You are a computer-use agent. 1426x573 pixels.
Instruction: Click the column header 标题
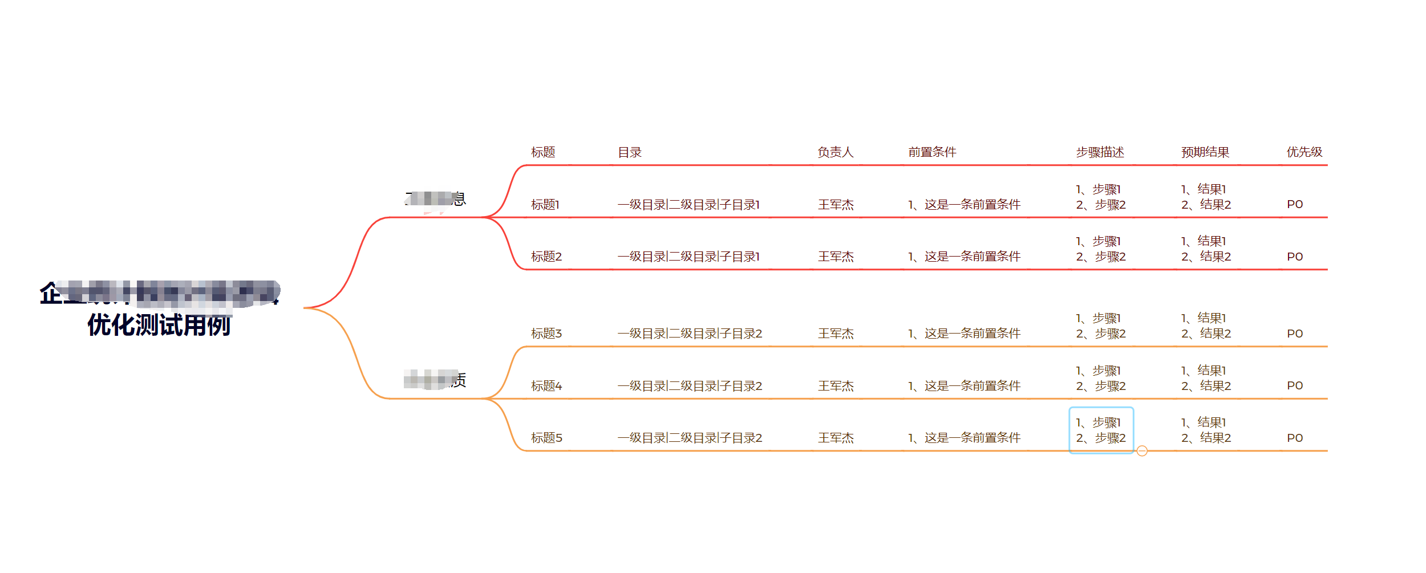[542, 152]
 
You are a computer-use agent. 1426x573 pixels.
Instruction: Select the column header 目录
[630, 152]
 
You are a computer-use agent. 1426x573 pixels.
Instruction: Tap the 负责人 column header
[835, 152]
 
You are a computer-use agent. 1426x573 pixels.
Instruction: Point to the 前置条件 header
[932, 152]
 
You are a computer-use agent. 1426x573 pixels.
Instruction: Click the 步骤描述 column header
[1100, 152]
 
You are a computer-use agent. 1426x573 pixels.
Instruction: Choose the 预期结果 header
[1205, 152]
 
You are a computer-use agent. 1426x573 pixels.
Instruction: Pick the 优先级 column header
[1304, 152]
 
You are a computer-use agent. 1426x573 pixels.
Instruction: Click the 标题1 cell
[545, 205]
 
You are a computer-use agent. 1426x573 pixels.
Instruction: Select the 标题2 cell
[546, 257]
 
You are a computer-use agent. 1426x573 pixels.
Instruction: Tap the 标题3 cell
[546, 334]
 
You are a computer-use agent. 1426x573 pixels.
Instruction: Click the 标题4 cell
[546, 386]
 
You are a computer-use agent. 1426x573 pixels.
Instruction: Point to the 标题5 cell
[546, 438]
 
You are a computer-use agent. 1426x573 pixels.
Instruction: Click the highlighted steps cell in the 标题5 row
[1100, 430]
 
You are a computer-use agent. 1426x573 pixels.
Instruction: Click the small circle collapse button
[1142, 451]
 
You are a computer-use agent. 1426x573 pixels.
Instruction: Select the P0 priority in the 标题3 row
[1295, 334]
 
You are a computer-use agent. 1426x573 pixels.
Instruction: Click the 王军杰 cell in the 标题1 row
[836, 205]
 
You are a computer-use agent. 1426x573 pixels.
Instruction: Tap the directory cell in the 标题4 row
[690, 386]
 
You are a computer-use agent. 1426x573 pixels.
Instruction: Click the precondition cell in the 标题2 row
[964, 257]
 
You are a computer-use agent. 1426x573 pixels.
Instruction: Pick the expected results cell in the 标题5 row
[1206, 430]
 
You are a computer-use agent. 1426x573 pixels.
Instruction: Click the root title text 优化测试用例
[159, 326]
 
